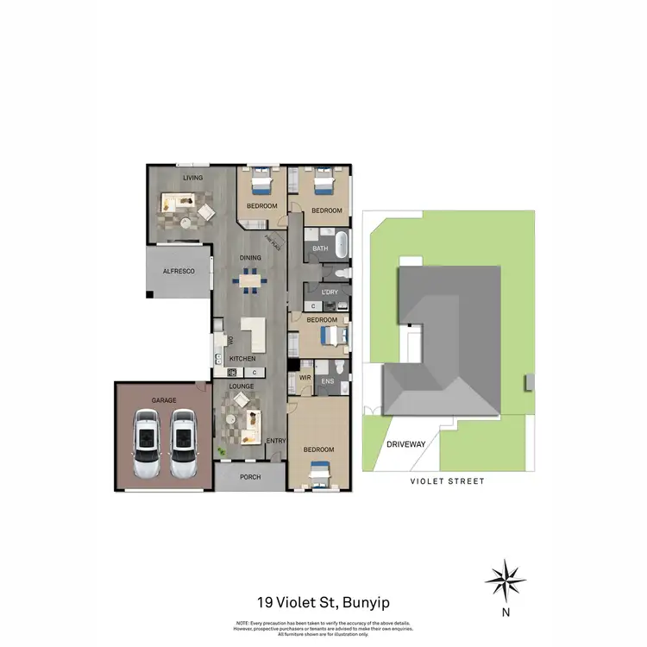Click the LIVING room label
(x=192, y=178)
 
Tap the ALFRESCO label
(x=179, y=272)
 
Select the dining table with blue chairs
(x=250, y=280)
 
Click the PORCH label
(x=250, y=477)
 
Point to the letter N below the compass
(x=506, y=614)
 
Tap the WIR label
(x=305, y=377)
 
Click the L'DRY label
(x=329, y=292)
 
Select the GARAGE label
(x=164, y=400)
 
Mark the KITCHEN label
(x=242, y=357)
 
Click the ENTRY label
(x=275, y=442)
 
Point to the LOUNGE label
(x=242, y=386)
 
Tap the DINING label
(x=250, y=257)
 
